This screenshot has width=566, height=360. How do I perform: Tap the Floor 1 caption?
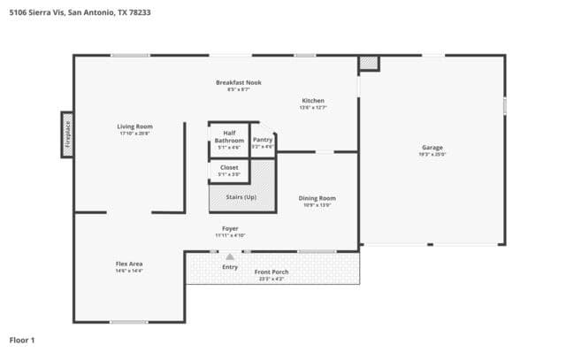pos(21,340)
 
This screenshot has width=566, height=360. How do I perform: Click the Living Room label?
pos(135,126)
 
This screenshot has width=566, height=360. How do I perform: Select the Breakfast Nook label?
pos(239,82)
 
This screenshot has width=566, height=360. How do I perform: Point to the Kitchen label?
pos(313,100)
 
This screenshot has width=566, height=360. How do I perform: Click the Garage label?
pos(432,147)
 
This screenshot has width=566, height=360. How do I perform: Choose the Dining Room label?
pos(317,198)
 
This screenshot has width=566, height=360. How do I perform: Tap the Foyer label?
pos(230,228)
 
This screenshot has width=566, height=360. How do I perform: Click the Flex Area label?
pos(129,264)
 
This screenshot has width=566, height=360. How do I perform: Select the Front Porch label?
pos(271,272)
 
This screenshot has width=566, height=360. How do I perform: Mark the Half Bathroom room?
pos(229,140)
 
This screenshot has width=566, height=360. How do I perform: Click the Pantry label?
pos(263,140)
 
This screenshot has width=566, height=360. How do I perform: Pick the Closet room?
pos(229,168)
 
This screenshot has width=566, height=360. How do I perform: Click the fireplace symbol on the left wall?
pos(66,135)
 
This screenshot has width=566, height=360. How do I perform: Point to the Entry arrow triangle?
pos(230,257)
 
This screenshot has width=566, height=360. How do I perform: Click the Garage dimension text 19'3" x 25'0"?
pos(432,155)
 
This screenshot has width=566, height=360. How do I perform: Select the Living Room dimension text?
pos(135,134)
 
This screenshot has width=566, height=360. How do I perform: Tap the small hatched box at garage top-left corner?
pos(368,63)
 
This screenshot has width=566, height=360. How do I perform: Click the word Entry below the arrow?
pos(230,266)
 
